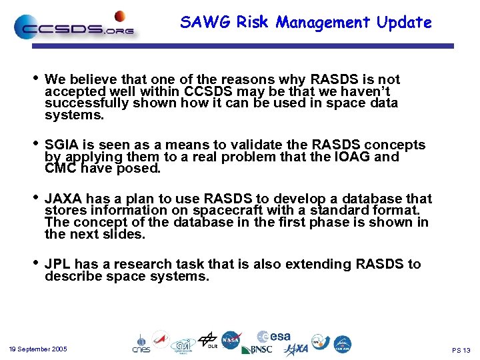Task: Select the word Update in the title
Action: [404, 23]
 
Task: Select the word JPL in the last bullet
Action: [58, 265]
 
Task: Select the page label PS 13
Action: [461, 350]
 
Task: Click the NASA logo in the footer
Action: [231, 340]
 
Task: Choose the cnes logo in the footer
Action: [141, 343]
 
